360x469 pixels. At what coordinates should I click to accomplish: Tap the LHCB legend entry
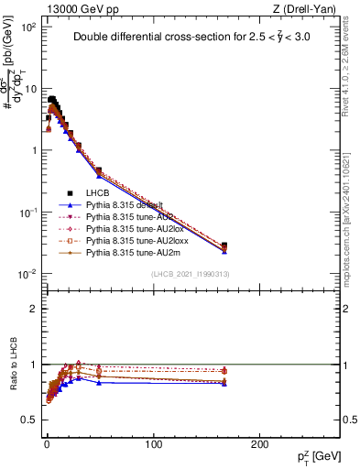pos(99,194)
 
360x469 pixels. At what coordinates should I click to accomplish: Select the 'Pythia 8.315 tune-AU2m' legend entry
pos(129,252)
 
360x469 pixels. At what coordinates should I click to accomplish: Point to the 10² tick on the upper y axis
pos(29,27)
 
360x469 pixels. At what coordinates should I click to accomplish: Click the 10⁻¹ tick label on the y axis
pos(28,213)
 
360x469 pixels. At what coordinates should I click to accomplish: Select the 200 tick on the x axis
pos(261,443)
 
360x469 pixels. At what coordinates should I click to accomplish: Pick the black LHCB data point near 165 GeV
pos(224,245)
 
